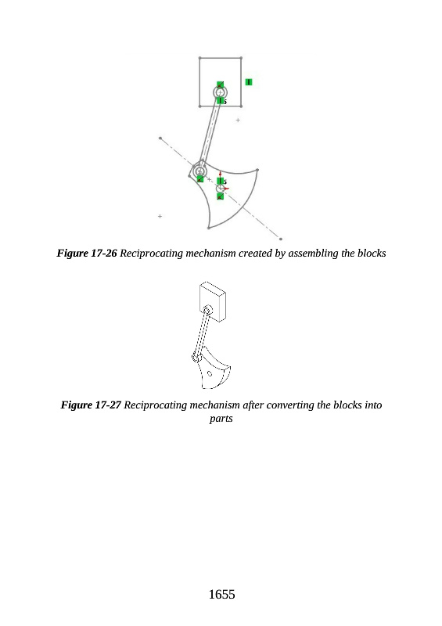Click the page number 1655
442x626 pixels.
coord(221,595)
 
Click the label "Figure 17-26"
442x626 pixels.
coord(87,253)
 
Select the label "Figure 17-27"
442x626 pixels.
coord(91,405)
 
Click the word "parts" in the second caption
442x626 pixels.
coord(221,419)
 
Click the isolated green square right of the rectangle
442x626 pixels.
coord(249,82)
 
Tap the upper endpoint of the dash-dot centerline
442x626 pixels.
coord(160,139)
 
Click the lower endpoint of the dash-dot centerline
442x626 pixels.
coord(281,239)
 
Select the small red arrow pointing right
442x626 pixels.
coord(226,189)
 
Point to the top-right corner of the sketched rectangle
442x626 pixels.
coord(241,58)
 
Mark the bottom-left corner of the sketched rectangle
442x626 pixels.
coord(199,106)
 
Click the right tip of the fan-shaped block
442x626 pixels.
coord(257,170)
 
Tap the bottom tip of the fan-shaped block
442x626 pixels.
coord(208,228)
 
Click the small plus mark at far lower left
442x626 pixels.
coord(160,217)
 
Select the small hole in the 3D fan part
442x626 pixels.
coord(210,374)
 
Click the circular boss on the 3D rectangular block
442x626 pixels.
coord(207,310)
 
